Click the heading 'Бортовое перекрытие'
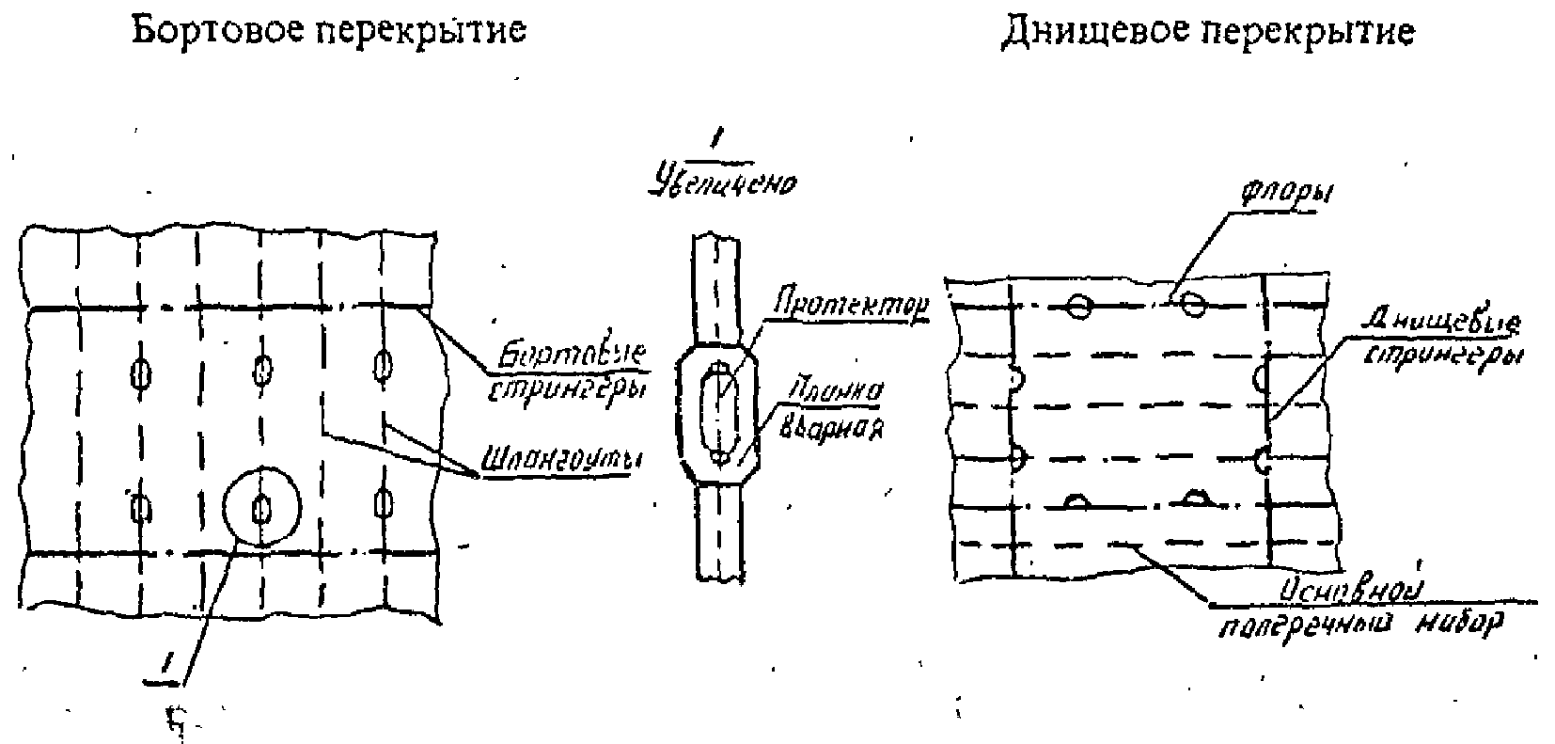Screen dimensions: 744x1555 pyautogui.click(x=328, y=31)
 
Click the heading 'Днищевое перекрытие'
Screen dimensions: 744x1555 pyautogui.click(x=1207, y=32)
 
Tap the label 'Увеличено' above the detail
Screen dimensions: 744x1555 pyautogui.click(x=722, y=182)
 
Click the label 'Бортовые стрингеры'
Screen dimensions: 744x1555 pyautogui.click(x=565, y=372)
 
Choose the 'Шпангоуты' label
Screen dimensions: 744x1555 pyautogui.click(x=554, y=461)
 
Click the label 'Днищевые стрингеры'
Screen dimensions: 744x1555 pyautogui.click(x=1444, y=340)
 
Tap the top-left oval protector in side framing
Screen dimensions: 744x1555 pyautogui.click(x=141, y=372)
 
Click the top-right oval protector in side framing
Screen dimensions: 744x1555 pyautogui.click(x=382, y=365)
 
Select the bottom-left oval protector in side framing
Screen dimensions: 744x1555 pyautogui.click(x=141, y=508)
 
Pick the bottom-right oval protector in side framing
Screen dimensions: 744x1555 pyautogui.click(x=382, y=501)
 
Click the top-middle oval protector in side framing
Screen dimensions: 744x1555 pyautogui.click(x=262, y=369)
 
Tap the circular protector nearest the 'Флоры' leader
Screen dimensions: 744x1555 pyautogui.click(x=1193, y=303)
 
